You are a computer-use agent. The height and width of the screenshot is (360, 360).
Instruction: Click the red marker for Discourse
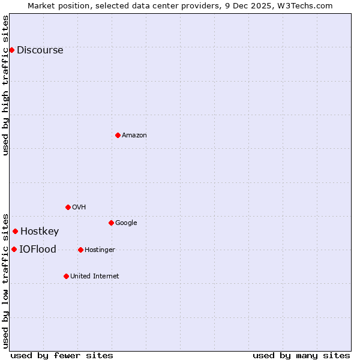click(11, 50)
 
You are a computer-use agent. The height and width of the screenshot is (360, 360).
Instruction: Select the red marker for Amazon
click(118, 135)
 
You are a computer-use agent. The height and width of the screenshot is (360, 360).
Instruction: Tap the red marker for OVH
click(68, 207)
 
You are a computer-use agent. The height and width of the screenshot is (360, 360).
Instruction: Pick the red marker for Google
click(111, 223)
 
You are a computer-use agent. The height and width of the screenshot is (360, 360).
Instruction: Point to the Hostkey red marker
click(15, 231)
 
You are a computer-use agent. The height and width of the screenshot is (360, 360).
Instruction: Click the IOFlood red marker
click(14, 249)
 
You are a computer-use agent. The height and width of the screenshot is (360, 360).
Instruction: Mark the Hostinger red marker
click(80, 250)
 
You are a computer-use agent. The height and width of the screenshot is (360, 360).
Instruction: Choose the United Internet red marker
click(66, 276)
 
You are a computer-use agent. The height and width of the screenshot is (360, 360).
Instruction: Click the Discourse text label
click(40, 50)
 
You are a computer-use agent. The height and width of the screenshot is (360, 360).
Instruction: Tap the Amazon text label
click(134, 136)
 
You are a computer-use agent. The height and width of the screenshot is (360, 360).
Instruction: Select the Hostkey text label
click(40, 232)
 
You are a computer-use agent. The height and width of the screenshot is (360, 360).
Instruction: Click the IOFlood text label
click(38, 250)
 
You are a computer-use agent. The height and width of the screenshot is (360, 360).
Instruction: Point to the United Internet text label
click(94, 277)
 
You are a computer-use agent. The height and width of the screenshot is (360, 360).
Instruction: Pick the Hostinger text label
click(100, 250)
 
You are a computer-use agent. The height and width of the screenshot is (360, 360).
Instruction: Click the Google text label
click(126, 223)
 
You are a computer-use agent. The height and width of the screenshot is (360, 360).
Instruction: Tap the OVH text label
click(79, 208)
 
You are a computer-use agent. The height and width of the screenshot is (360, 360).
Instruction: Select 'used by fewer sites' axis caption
click(62, 356)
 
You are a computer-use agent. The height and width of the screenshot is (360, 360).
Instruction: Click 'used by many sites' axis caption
click(301, 356)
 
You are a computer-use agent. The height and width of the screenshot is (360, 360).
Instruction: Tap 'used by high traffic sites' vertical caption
click(5, 85)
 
